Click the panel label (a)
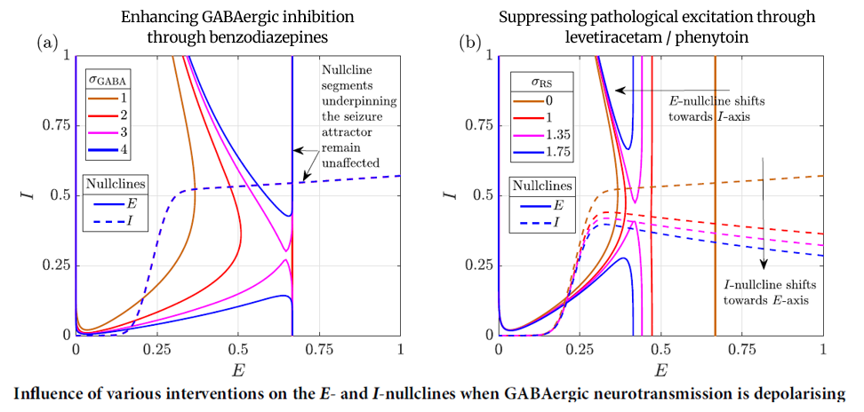click(47, 42)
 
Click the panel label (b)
click(469, 42)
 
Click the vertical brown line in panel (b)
click(715, 222)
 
